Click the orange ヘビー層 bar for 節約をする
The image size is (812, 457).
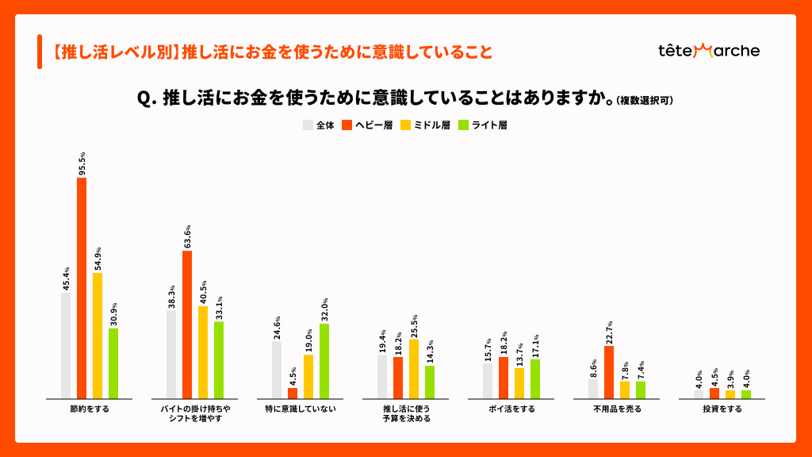click(x=82, y=288)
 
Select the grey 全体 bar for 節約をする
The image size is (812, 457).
click(x=66, y=346)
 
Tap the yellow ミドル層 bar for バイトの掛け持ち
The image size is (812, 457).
click(x=203, y=352)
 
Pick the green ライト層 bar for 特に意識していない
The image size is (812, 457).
click(x=324, y=361)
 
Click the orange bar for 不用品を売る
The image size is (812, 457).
click(x=609, y=372)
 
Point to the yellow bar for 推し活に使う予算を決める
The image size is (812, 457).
click(x=414, y=369)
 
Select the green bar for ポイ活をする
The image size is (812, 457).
click(x=535, y=378)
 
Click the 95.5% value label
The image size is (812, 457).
click(x=82, y=163)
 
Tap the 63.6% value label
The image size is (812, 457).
click(x=187, y=236)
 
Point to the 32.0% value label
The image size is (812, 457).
click(x=324, y=309)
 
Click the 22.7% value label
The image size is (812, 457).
click(x=609, y=332)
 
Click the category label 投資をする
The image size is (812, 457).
click(x=722, y=409)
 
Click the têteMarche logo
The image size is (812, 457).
click(x=709, y=51)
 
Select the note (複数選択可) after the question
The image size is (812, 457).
click(x=645, y=101)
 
